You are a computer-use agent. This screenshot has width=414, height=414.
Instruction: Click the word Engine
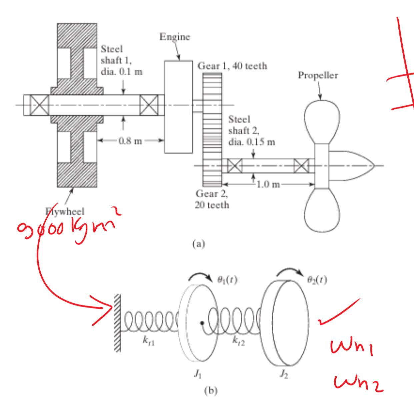tap(175, 37)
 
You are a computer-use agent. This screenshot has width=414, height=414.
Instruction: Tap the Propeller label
tap(318, 75)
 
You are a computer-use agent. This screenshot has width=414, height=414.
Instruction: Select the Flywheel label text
tap(65, 211)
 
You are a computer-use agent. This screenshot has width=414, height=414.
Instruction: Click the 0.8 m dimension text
tap(130, 141)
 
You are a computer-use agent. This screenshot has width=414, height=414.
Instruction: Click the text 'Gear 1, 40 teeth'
tap(232, 66)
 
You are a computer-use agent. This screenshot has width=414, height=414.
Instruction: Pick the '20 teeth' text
tap(212, 205)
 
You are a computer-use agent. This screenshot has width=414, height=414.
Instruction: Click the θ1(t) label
tap(227, 280)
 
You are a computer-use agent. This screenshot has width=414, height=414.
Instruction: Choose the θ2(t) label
tap(317, 280)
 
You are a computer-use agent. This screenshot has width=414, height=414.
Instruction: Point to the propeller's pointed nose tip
tap(375, 165)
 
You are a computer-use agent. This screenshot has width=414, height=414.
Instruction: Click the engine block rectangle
tap(178, 107)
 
